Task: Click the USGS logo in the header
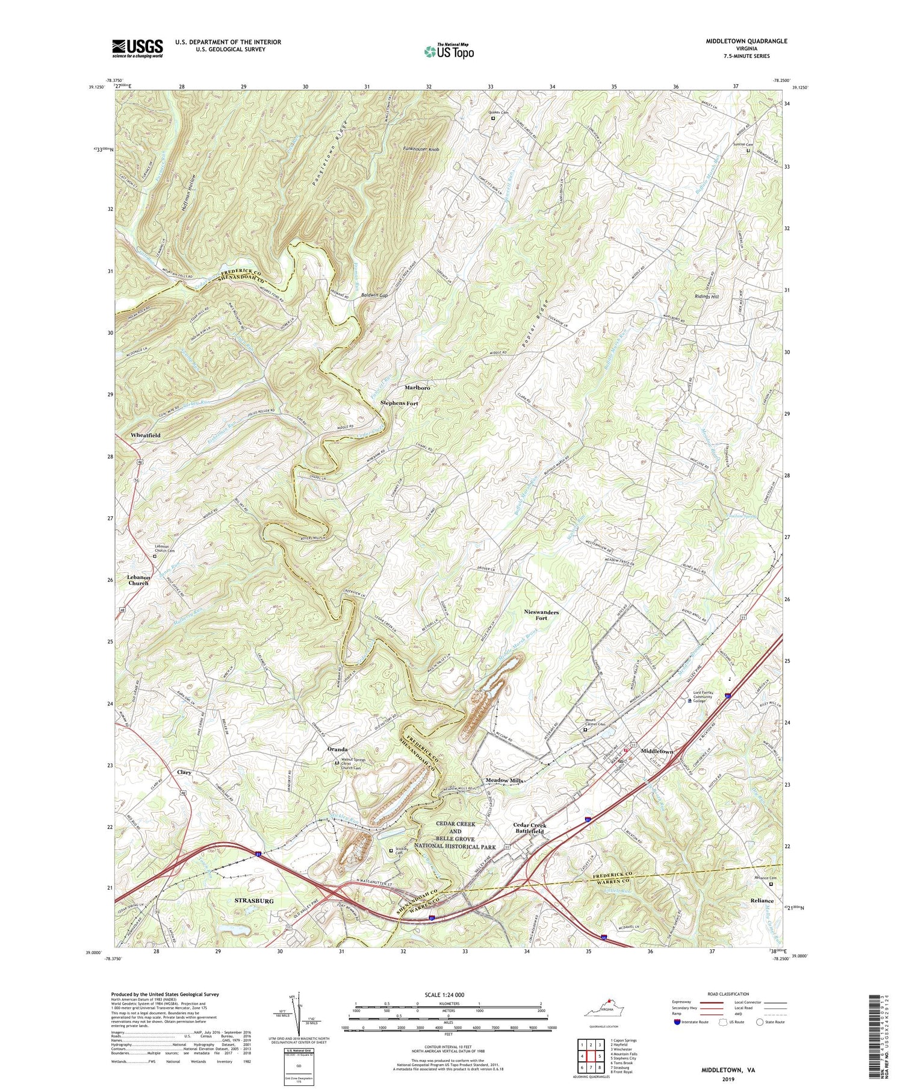point(137,48)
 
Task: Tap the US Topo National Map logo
point(448,51)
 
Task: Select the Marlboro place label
point(417,388)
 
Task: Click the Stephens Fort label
point(399,404)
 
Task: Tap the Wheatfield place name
point(145,434)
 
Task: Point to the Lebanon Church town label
point(138,580)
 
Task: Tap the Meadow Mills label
point(504,781)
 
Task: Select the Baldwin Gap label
point(374,296)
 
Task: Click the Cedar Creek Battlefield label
point(529,828)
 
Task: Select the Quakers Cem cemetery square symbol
point(493,119)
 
